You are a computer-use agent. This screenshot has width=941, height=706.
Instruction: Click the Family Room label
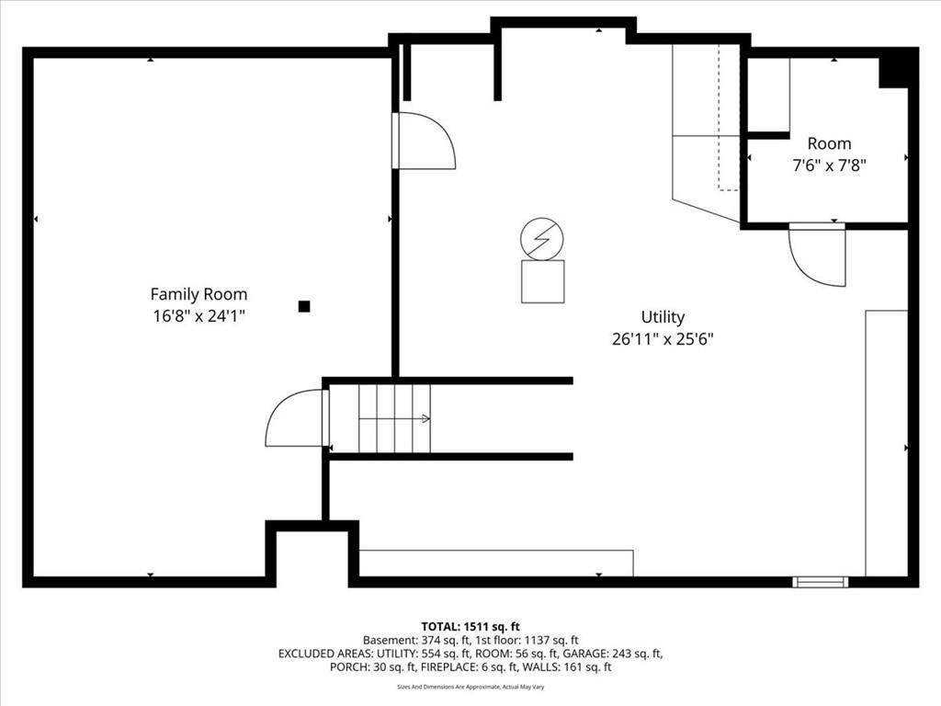[198, 294]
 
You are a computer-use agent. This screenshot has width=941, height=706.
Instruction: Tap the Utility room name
[663, 317]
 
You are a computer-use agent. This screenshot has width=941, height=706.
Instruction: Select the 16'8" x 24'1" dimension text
[198, 316]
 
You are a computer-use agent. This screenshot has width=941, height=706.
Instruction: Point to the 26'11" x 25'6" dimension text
[663, 339]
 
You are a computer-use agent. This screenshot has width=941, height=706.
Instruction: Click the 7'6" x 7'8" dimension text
[830, 165]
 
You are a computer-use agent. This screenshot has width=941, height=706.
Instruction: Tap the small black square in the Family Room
[304, 306]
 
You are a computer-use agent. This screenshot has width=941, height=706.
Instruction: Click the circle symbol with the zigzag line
[542, 239]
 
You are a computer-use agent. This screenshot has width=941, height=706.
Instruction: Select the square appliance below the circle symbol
[542, 281]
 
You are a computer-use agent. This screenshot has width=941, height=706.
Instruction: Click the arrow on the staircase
[395, 418]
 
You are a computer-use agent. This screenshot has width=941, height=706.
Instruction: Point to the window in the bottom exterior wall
[821, 582]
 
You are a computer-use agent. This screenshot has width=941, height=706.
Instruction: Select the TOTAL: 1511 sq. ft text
[470, 627]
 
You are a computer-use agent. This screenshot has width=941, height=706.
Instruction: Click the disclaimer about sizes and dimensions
[470, 687]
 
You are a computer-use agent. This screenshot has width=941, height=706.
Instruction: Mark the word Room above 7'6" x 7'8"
[830, 143]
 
